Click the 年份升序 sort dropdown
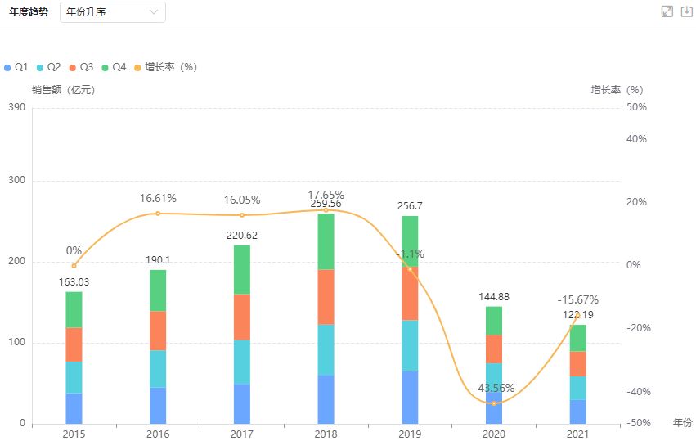pyautogui.click(x=112, y=12)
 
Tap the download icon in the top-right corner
pyautogui.click(x=686, y=11)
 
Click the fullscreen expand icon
pyautogui.click(x=667, y=11)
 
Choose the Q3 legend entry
pyautogui.click(x=82, y=67)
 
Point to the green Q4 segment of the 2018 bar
pyautogui.click(x=326, y=241)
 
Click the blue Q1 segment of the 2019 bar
pyautogui.click(x=410, y=397)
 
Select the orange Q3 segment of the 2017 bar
pyautogui.click(x=241, y=317)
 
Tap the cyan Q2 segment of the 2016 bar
pyautogui.click(x=158, y=368)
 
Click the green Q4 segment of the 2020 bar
pyautogui.click(x=493, y=321)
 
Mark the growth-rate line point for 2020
pyautogui.click(x=493, y=403)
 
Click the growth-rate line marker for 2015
pyautogui.click(x=74, y=266)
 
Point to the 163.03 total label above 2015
pyautogui.click(x=74, y=282)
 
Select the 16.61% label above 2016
pyautogui.click(x=158, y=199)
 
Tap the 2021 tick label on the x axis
pyautogui.click(x=577, y=433)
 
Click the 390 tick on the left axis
pyautogui.click(x=16, y=107)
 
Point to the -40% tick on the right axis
pyautogui.click(x=636, y=392)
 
